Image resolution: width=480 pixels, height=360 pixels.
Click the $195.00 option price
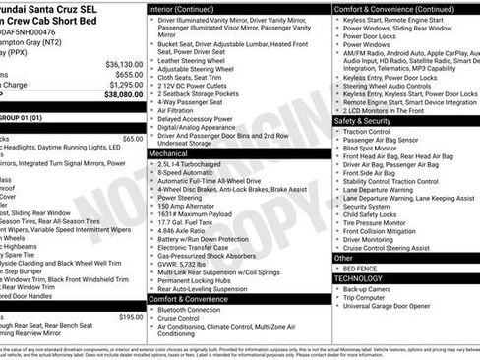click(130, 317)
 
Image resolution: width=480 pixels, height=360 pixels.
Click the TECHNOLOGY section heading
click(359, 278)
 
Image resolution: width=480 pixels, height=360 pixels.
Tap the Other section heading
click(343, 257)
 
